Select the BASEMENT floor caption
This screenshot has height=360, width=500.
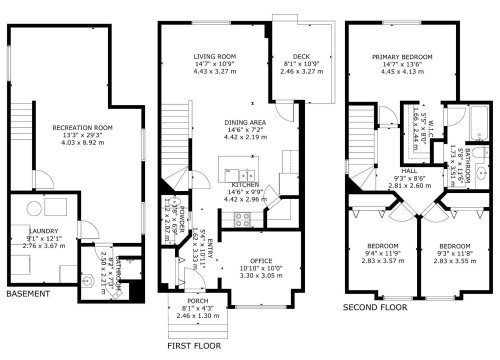coord(28,294)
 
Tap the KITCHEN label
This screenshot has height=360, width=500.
coord(246,185)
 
